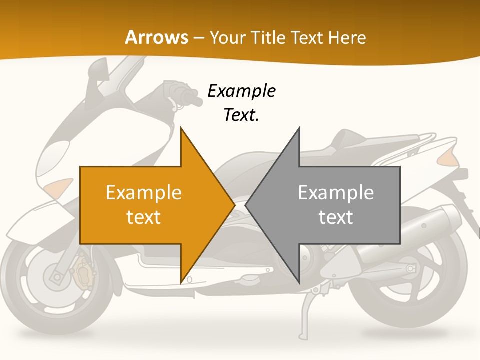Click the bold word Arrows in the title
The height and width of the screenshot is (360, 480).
[157, 37]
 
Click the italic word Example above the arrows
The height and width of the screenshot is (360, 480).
[241, 91]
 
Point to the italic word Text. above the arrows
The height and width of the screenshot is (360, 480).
[241, 115]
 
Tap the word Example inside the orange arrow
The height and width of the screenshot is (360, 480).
[144, 193]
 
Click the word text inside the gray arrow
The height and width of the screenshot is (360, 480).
[336, 217]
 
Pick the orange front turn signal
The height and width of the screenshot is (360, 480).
[57, 188]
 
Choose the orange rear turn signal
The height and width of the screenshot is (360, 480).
[447, 158]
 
